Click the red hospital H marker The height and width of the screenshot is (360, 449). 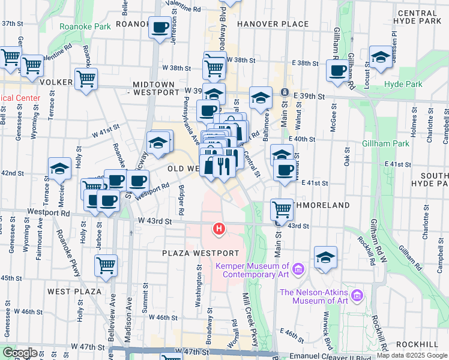[220, 229]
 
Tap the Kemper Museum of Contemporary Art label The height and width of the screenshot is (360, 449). [255, 270]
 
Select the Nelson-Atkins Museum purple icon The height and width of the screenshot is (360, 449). [358, 295]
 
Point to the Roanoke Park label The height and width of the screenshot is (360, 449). [85, 27]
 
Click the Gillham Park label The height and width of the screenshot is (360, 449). [385, 144]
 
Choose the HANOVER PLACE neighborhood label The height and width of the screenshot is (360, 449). [273, 25]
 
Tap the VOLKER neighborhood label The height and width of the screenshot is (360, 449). [56, 82]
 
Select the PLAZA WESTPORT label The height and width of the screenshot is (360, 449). [200, 254]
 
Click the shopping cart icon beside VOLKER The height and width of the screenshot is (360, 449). [86, 79]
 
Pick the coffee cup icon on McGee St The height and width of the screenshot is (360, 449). [337, 70]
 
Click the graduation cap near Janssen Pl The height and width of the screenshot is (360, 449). [380, 56]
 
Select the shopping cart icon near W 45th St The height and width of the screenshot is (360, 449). [106, 264]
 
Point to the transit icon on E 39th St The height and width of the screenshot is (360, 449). [285, 94]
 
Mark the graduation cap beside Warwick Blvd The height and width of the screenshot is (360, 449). [325, 257]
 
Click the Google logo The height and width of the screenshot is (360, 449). [19, 353]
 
